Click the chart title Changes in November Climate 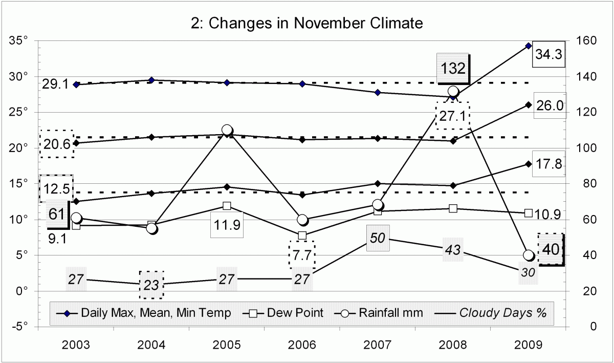pos(306,23)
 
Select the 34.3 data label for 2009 pos(549,54)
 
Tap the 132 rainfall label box pos(453,68)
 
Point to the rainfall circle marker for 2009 pos(529,255)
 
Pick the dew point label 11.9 pos(227,225)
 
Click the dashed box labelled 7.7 pos(302,254)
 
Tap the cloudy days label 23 pos(151,285)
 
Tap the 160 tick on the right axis pos(585,40)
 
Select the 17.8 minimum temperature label pos(549,164)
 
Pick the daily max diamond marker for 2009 pos(529,46)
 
